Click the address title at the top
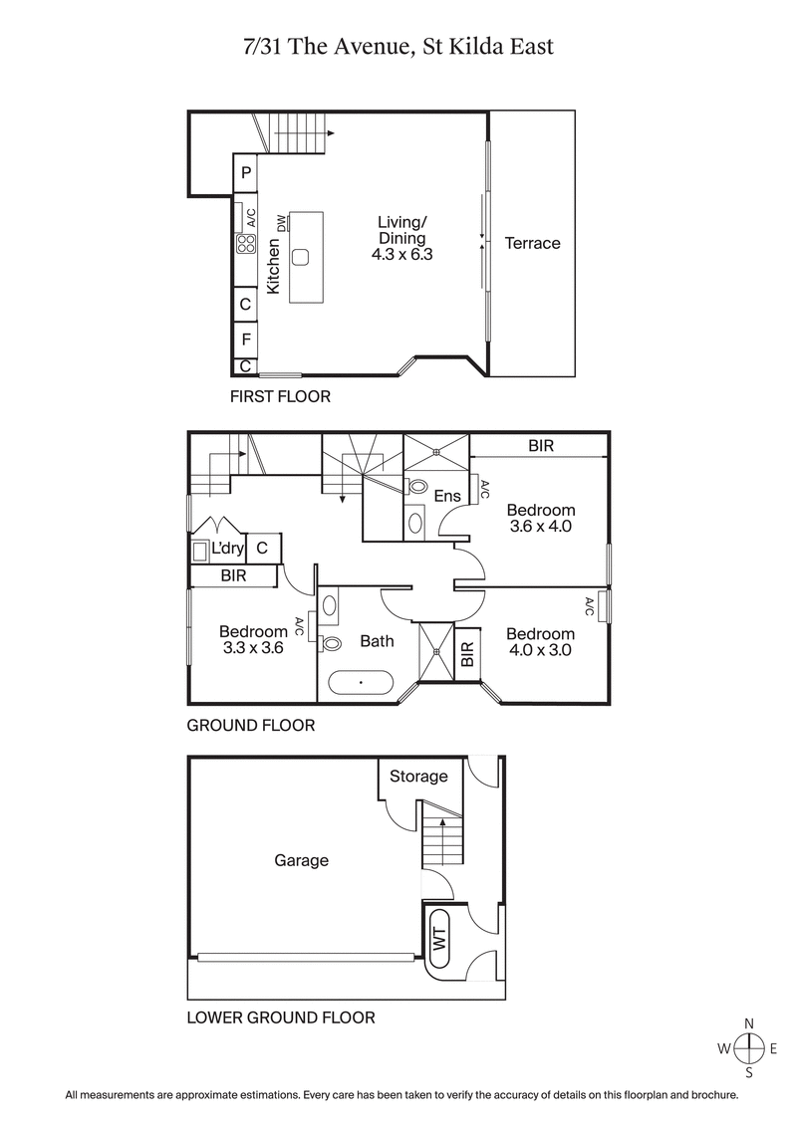pyautogui.click(x=398, y=46)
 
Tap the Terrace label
pyautogui.click(x=532, y=243)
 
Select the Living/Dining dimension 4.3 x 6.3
pyautogui.click(x=401, y=255)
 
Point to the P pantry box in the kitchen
pyautogui.click(x=245, y=173)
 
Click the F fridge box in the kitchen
pyautogui.click(x=245, y=338)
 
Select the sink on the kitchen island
pyautogui.click(x=302, y=256)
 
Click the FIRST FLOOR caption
pyautogui.click(x=280, y=396)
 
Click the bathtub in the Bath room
pyautogui.click(x=361, y=684)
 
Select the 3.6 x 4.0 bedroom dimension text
pyautogui.click(x=539, y=527)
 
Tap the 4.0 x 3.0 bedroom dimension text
pyautogui.click(x=539, y=650)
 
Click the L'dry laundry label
pyautogui.click(x=226, y=548)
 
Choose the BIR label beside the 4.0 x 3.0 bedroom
pyautogui.click(x=466, y=654)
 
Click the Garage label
pyautogui.click(x=301, y=860)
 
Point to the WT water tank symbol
pyautogui.click(x=438, y=939)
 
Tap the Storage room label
pyautogui.click(x=418, y=777)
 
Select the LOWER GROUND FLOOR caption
pyautogui.click(x=281, y=1017)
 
